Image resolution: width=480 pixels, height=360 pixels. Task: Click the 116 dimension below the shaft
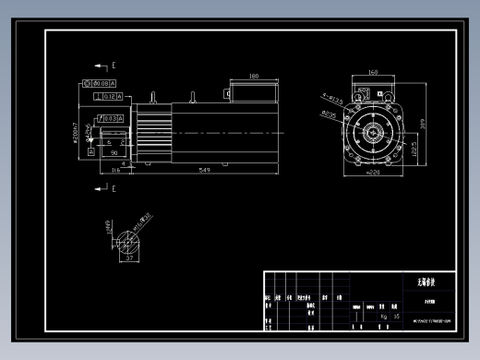click(115, 171)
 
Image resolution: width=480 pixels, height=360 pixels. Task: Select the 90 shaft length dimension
click(114, 153)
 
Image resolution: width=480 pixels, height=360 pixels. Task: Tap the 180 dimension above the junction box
click(253, 77)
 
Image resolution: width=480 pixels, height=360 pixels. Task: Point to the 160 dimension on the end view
click(374, 71)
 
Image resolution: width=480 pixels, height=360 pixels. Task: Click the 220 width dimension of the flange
click(374, 172)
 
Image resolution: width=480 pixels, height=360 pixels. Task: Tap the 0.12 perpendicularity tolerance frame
click(107, 96)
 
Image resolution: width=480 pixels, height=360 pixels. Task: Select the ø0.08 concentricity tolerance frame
click(97, 83)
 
